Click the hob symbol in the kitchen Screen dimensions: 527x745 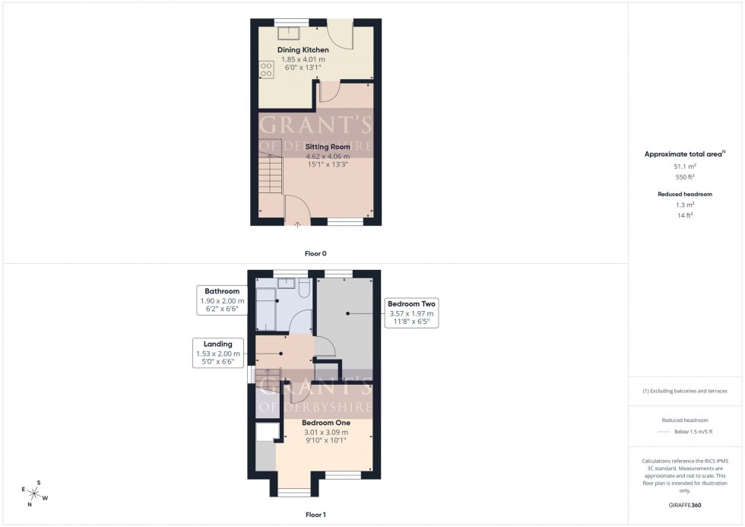pos(266,69)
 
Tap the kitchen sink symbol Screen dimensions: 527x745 pos(289,32)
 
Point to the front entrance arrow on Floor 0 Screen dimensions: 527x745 pos(296,225)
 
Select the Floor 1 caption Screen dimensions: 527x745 pos(315,515)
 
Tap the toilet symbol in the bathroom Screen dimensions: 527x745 pos(303,287)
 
